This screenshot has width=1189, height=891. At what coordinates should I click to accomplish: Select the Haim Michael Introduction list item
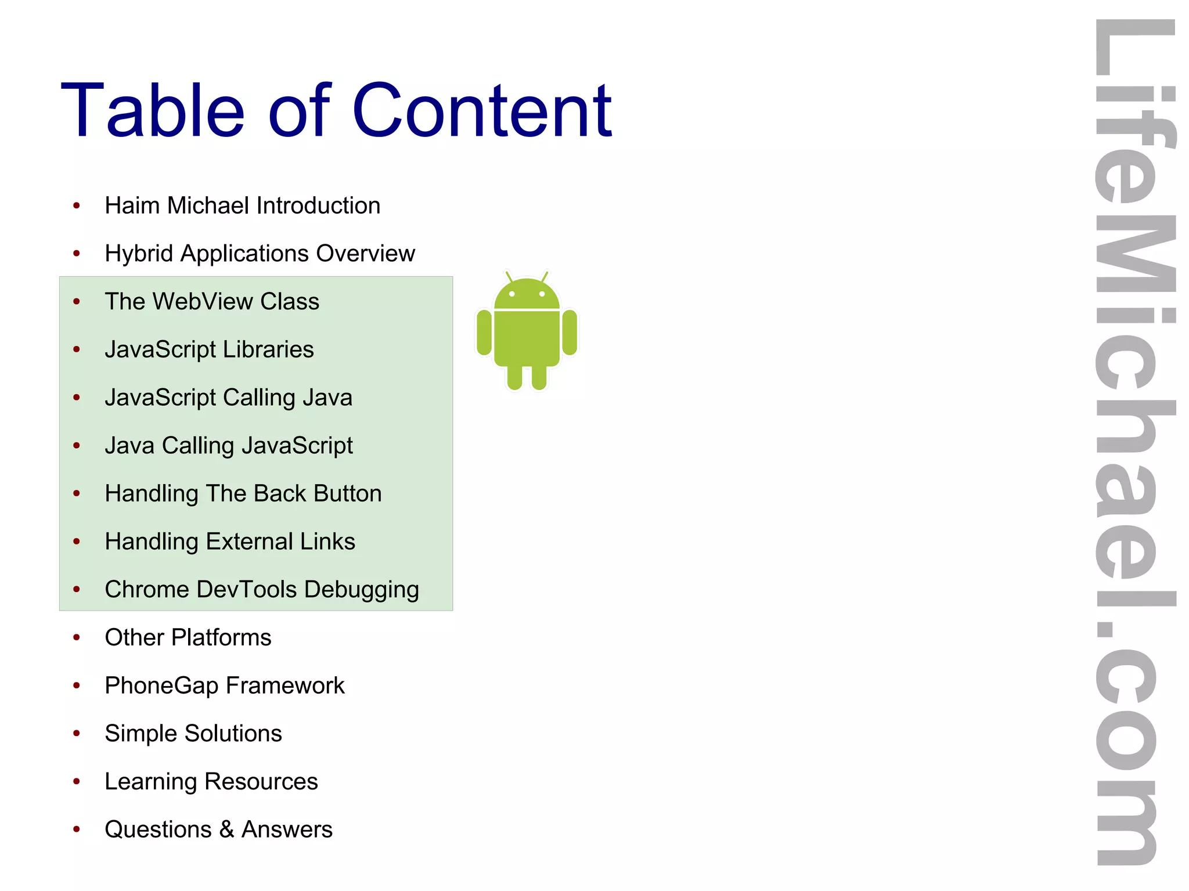coord(242,205)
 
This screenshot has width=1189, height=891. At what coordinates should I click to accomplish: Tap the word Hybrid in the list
coord(139,254)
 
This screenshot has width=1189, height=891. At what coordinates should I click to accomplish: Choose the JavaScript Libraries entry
coord(209,349)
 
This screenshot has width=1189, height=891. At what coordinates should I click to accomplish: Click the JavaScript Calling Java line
coord(228,398)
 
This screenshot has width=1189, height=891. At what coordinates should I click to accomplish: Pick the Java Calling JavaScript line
coord(228,446)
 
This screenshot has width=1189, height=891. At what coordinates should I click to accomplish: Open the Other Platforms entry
coord(188,637)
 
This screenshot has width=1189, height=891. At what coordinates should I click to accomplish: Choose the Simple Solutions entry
coord(193,733)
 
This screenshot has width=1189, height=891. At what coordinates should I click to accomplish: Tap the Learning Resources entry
coord(211,781)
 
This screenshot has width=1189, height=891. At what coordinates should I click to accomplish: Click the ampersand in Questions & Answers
coord(226,829)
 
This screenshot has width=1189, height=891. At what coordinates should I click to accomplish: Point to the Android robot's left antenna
coord(509,276)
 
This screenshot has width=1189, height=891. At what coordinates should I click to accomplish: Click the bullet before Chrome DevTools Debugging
coord(77,589)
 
